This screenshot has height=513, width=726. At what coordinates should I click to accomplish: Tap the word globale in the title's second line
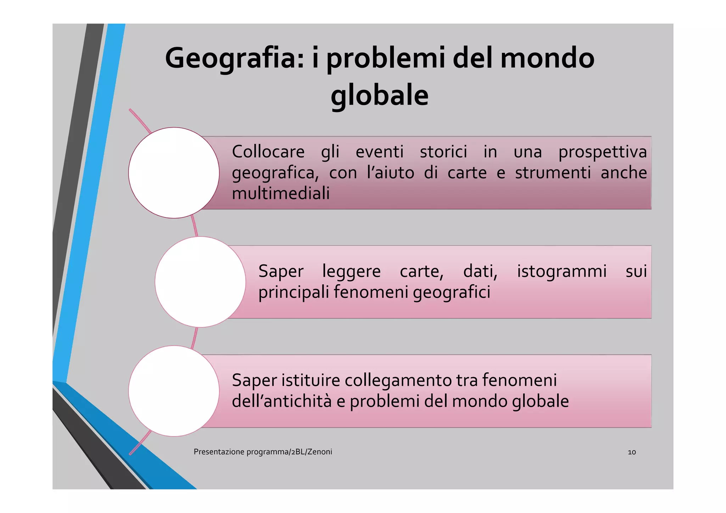pos(379,96)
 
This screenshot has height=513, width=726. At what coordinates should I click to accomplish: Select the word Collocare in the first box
pos(268,152)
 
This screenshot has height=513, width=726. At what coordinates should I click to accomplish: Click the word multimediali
pos(280,194)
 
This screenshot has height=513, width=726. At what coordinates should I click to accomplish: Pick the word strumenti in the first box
pos(553,173)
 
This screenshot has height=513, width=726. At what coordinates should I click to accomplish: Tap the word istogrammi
pos(562,272)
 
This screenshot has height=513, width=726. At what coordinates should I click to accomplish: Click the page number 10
pos(631,452)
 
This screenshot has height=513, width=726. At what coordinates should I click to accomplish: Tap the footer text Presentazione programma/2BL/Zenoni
pos(263,452)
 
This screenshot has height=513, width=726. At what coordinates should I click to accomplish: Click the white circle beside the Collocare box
pos(174,173)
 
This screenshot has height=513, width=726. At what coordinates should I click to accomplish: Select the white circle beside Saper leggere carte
pos(200,282)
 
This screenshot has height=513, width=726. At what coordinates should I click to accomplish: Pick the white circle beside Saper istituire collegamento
pos(174,391)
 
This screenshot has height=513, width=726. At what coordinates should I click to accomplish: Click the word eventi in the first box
pos(379,152)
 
